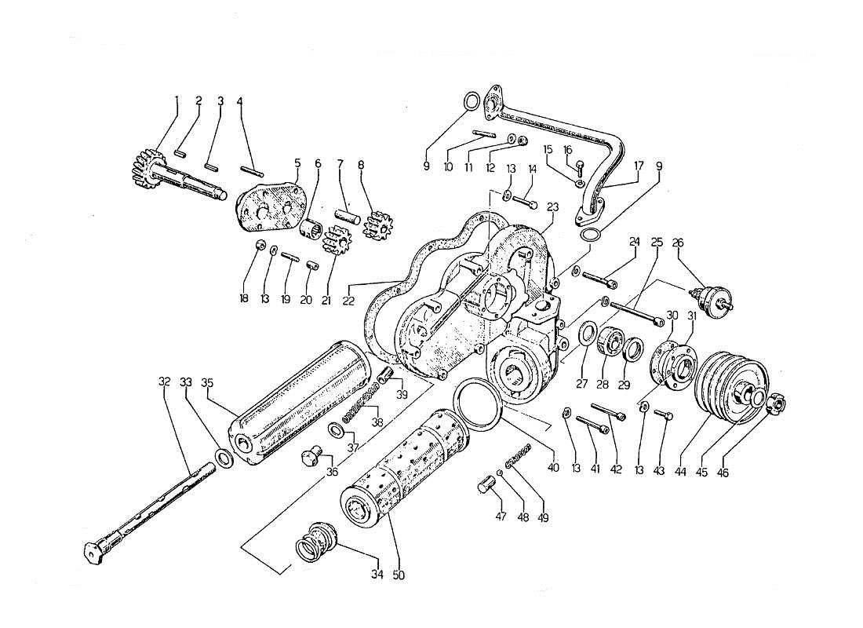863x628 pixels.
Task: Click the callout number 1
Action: [177, 100]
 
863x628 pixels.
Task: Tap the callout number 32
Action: [164, 382]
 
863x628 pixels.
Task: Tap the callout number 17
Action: [638, 166]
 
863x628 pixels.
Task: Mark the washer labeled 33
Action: [222, 458]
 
